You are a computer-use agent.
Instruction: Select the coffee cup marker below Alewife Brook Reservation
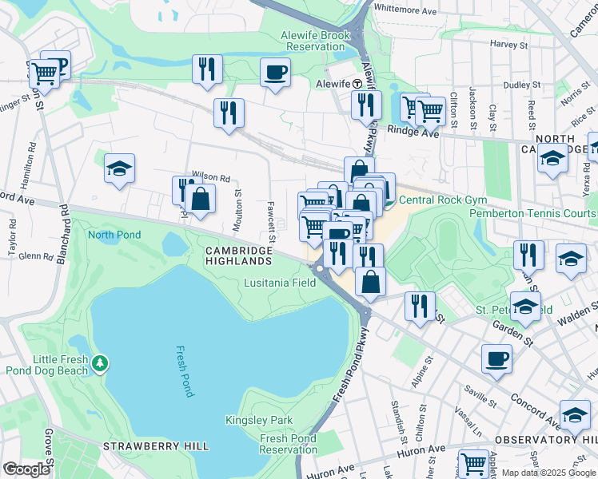[275, 73]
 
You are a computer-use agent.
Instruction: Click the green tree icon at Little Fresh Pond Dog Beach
[99, 364]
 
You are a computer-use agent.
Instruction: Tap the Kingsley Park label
[259, 420]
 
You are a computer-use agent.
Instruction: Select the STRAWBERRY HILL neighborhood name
[156, 445]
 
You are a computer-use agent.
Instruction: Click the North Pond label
[114, 235]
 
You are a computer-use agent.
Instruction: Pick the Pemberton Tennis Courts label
[532, 213]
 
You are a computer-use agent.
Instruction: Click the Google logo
[26, 469]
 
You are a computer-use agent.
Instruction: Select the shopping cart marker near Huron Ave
[473, 463]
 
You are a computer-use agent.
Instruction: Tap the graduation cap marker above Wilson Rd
[119, 169]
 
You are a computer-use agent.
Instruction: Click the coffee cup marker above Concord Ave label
[496, 359]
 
